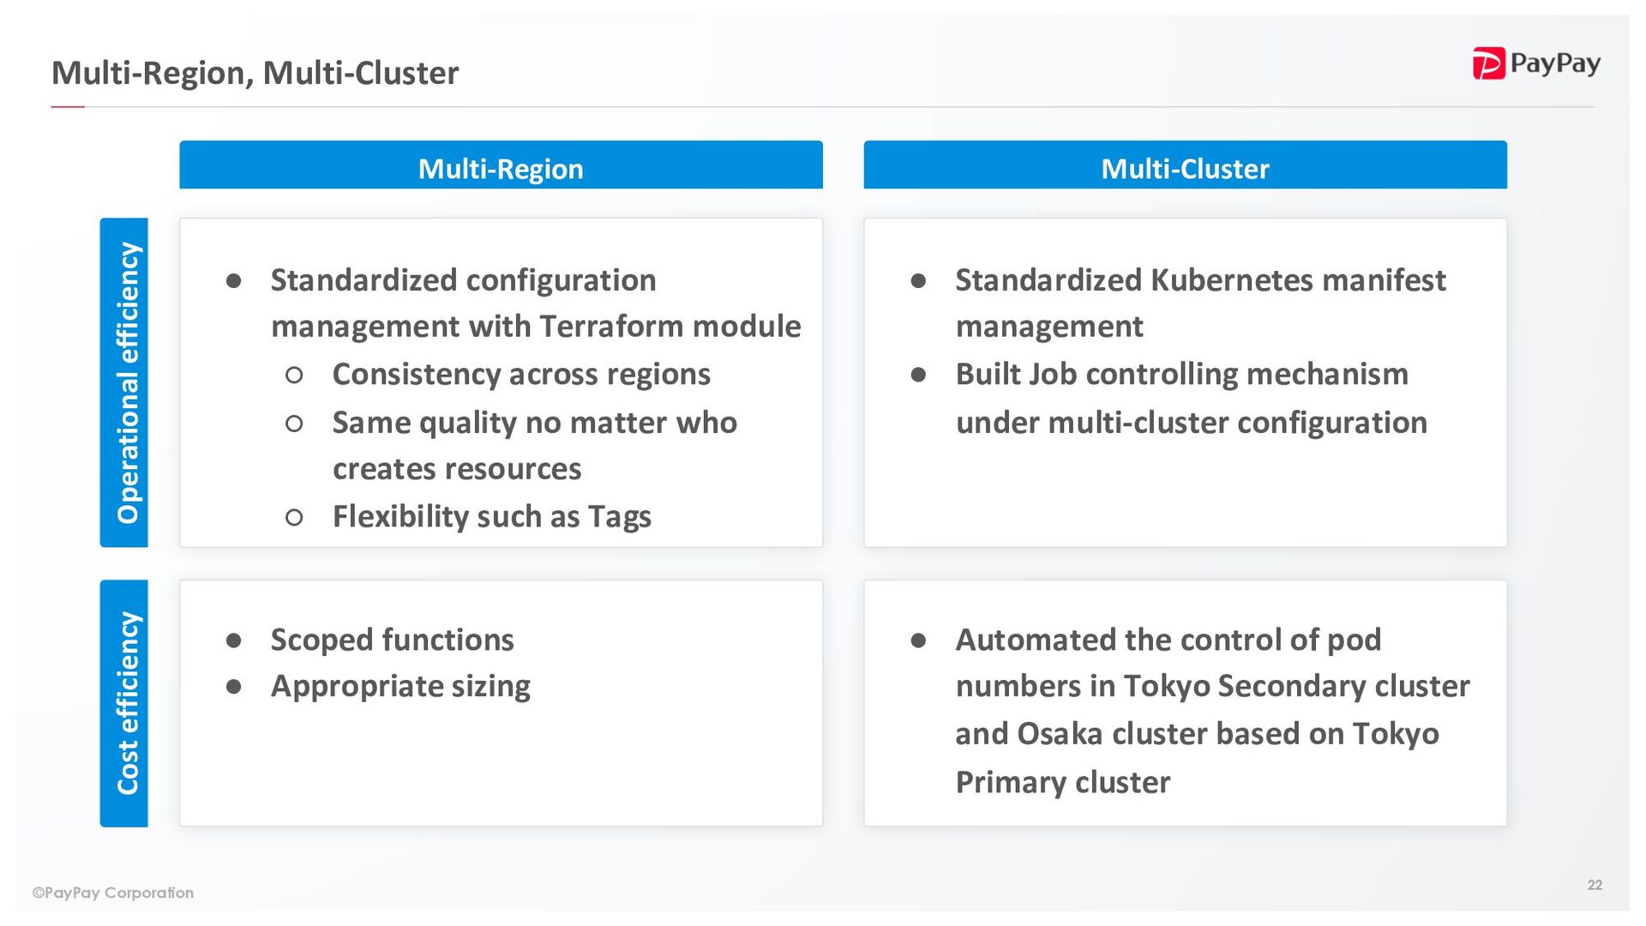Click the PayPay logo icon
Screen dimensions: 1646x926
[1488, 63]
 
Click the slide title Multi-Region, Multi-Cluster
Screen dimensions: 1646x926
[255, 74]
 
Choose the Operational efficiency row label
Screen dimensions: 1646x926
[124, 382]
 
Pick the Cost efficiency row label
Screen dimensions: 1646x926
[124, 703]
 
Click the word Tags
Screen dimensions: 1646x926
[619, 517]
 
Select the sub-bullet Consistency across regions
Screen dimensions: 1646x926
[521, 375]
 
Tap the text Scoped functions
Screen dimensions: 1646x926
[392, 640]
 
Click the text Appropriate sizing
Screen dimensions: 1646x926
[400, 686]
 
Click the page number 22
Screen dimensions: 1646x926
[1595, 885]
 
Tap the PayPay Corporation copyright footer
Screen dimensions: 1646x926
[113, 893]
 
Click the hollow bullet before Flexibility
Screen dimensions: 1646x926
[294, 517]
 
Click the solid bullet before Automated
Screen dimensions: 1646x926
[918, 640]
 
